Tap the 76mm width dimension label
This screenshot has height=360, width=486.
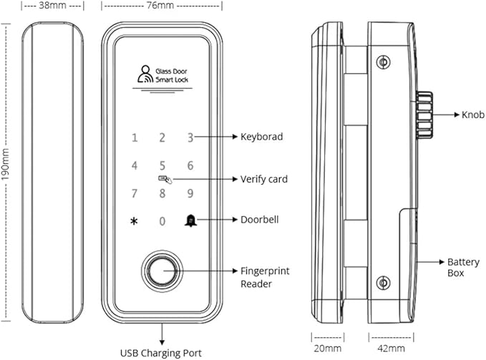161,6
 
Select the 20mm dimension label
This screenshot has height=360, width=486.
327,349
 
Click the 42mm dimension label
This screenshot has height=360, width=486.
391,349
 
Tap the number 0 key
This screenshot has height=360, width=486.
162,221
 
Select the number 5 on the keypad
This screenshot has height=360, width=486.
162,165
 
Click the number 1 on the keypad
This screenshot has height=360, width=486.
134,138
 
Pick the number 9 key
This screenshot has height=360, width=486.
190,193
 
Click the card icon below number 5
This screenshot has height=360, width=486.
162,179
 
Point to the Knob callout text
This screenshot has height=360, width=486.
473,115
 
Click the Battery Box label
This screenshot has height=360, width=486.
458,267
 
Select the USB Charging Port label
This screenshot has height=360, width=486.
160,353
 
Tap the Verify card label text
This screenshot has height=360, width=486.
263,179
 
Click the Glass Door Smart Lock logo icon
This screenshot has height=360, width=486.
145,74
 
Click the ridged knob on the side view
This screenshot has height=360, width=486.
424,115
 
